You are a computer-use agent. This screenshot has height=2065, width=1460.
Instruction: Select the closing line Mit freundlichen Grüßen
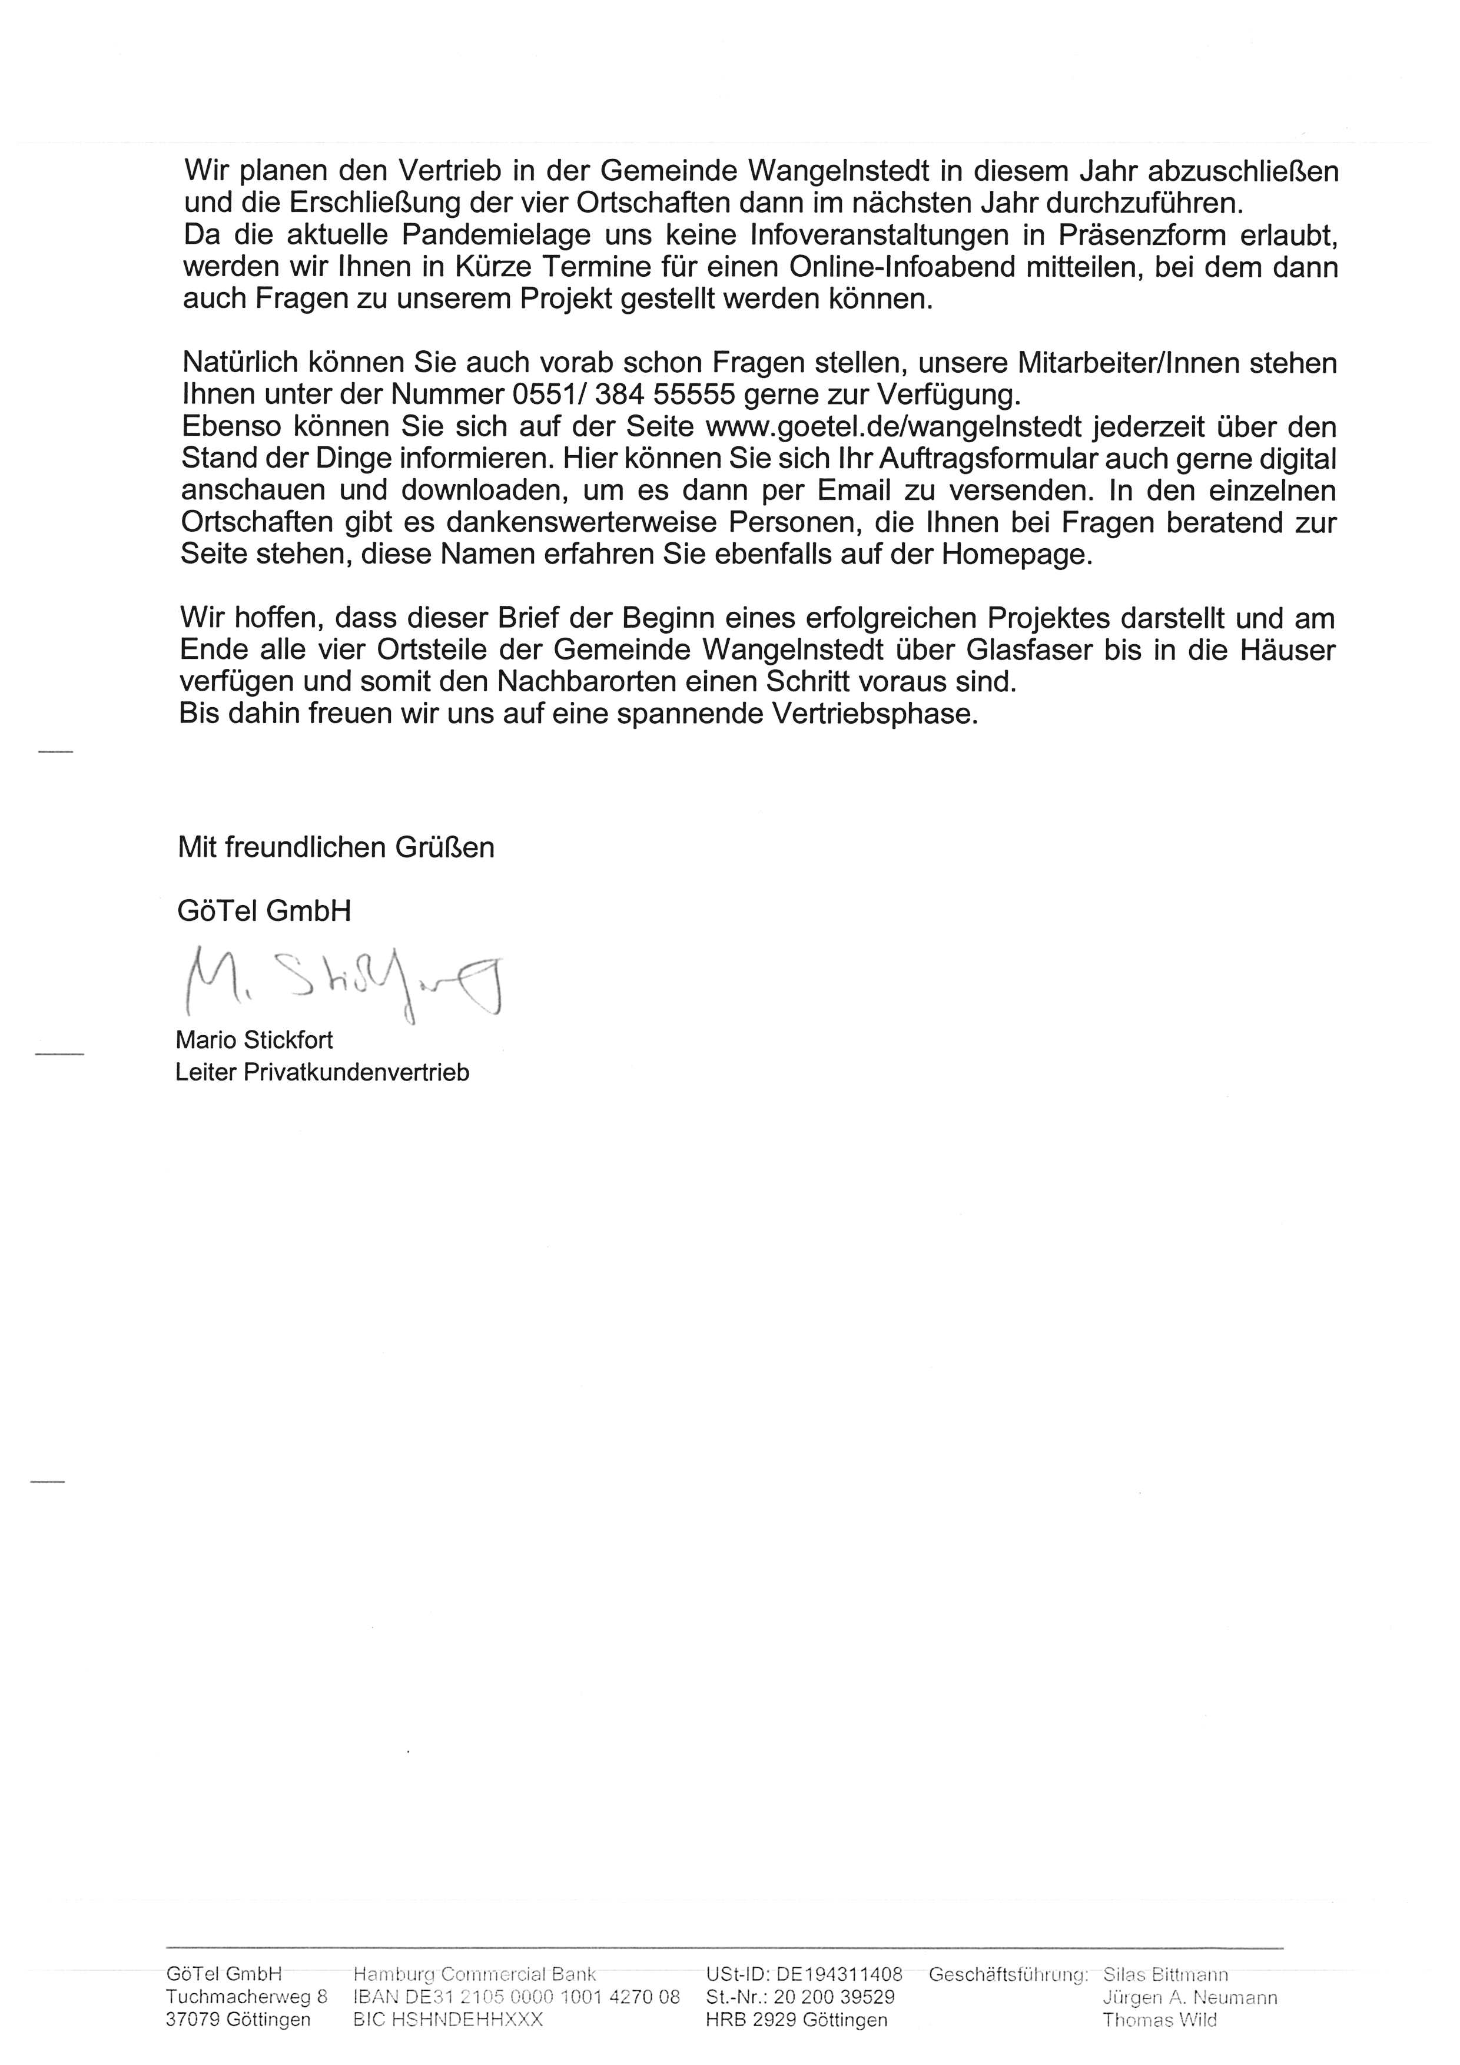pos(336,847)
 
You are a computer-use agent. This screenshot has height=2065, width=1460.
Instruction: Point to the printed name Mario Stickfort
pos(254,1040)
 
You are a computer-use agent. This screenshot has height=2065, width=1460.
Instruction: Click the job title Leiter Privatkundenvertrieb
pos(323,1072)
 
